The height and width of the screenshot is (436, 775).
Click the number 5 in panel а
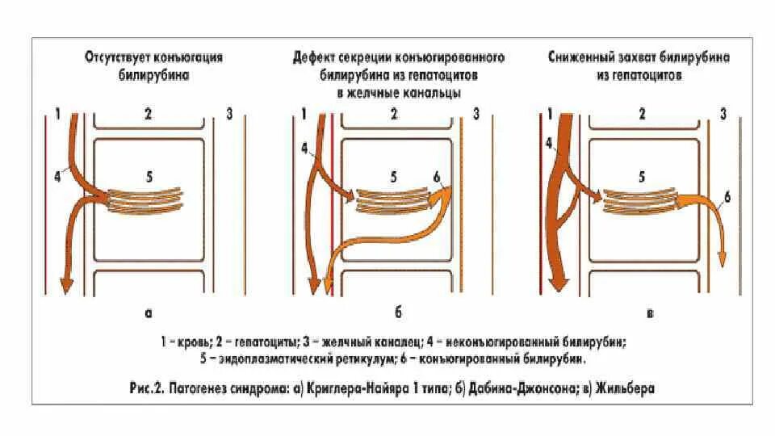click(149, 174)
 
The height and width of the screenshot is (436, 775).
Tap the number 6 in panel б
click(437, 177)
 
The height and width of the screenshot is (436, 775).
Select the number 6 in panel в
click(727, 197)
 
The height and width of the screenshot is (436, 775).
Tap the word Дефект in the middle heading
click(316, 58)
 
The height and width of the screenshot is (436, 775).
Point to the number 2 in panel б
click(393, 114)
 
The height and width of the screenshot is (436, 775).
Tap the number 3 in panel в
click(723, 114)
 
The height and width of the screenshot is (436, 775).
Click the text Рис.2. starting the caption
click(149, 388)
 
